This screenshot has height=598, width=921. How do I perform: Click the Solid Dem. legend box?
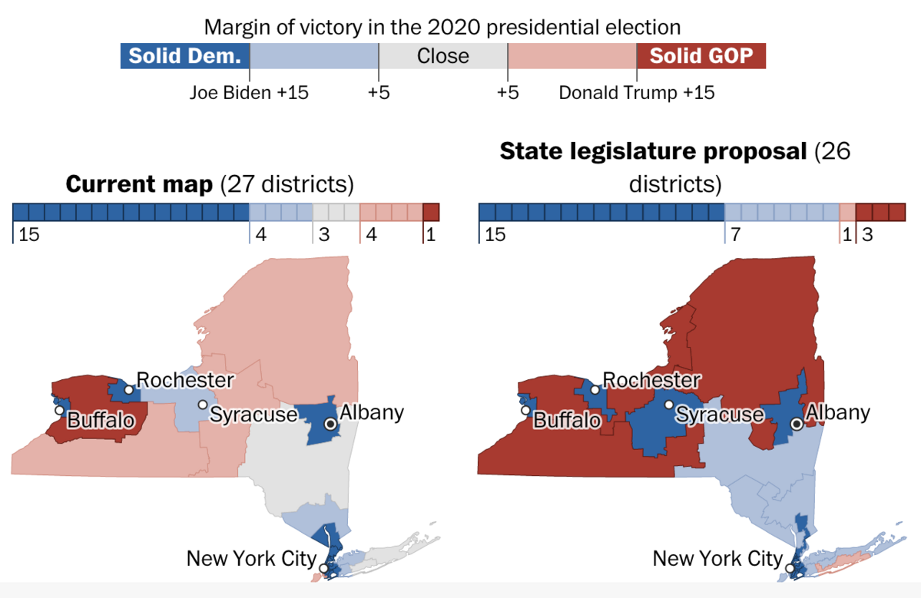point(185,56)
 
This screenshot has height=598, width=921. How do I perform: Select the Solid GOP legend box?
point(701,56)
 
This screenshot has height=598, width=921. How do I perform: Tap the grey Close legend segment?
point(442,56)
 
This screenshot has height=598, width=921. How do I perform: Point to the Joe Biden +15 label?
point(249,93)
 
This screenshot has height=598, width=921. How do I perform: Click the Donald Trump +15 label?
point(636,93)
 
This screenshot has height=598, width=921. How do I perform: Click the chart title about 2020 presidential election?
point(442,28)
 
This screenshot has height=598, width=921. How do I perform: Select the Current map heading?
point(210,185)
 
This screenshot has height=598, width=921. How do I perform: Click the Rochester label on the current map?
point(184,379)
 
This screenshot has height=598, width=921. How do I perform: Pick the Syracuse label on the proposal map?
point(720,415)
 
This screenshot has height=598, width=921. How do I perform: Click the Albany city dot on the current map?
point(330,423)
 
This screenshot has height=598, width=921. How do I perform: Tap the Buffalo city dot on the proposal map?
point(525,410)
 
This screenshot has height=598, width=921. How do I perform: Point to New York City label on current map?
point(250,557)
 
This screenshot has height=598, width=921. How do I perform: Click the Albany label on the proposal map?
point(837,412)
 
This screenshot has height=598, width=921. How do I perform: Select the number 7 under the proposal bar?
point(735,235)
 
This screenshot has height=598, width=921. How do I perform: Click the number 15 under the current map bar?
point(28,235)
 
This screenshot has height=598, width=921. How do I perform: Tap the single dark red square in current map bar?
point(431,212)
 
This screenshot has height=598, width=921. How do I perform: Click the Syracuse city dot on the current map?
point(202,405)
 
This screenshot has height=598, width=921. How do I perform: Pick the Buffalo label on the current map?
point(101,420)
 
